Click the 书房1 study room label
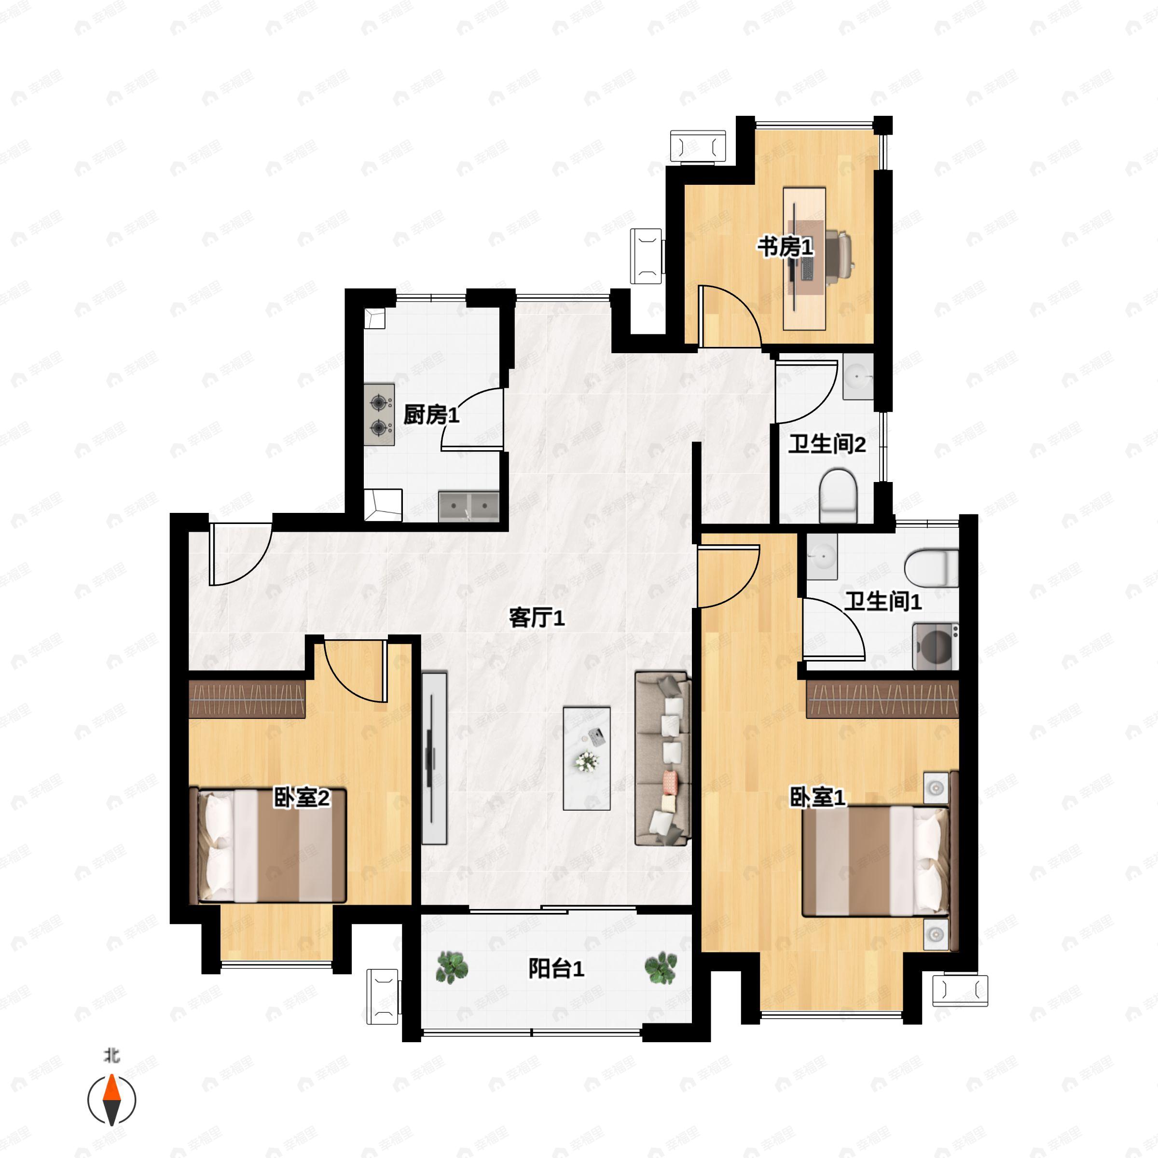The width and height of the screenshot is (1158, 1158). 785,247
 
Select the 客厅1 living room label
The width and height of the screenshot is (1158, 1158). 537,618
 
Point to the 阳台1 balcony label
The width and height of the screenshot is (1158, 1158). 556,968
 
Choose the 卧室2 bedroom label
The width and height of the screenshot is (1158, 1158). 302,797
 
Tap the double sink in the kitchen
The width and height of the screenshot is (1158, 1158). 469,507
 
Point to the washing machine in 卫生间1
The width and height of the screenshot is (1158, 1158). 936,647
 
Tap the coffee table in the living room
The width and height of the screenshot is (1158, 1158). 587,758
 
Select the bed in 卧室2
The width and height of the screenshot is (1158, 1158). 267,846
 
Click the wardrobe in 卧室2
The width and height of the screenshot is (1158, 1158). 247,699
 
